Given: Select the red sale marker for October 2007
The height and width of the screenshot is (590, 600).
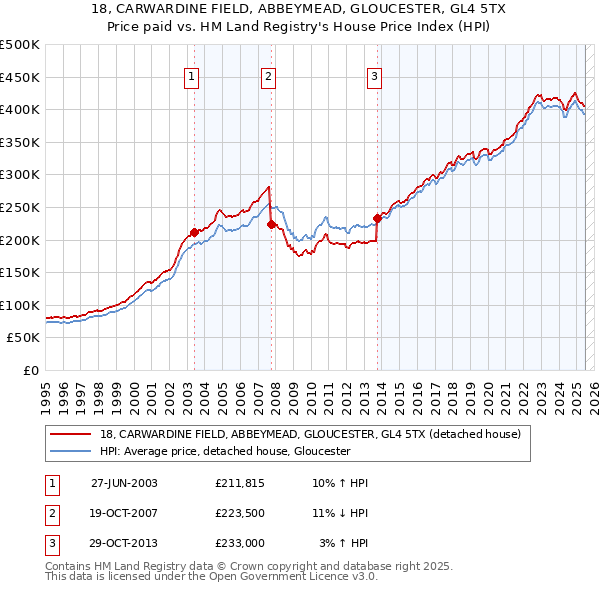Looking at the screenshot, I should pos(271,224).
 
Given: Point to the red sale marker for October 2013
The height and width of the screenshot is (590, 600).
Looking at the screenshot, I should pos(377,218).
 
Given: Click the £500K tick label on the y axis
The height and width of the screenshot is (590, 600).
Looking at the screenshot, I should pos(20,45).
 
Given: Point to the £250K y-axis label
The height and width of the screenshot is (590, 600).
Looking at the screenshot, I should pos(20,207).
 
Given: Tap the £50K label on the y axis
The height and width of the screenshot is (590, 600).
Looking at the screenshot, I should pos(24,338).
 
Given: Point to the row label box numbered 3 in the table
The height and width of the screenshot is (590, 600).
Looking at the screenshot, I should pos(51,543).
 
